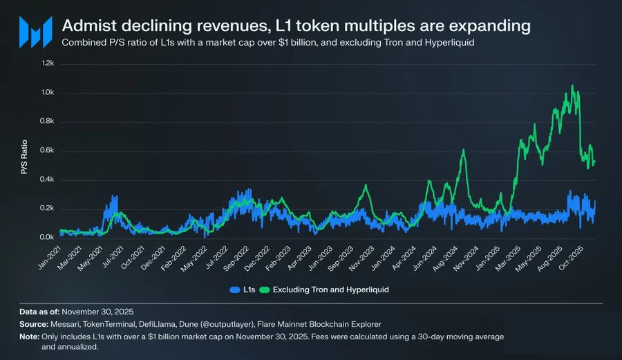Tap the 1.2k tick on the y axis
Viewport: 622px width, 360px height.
pyautogui.click(x=47, y=64)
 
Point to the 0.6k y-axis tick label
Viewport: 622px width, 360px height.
pyautogui.click(x=47, y=151)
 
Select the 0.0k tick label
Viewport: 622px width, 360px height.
pyautogui.click(x=47, y=238)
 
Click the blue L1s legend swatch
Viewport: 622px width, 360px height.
pyautogui.click(x=236, y=290)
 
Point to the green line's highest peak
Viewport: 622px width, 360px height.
pyautogui.click(x=572, y=86)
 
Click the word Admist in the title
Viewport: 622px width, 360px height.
pyautogui.click(x=85, y=26)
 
